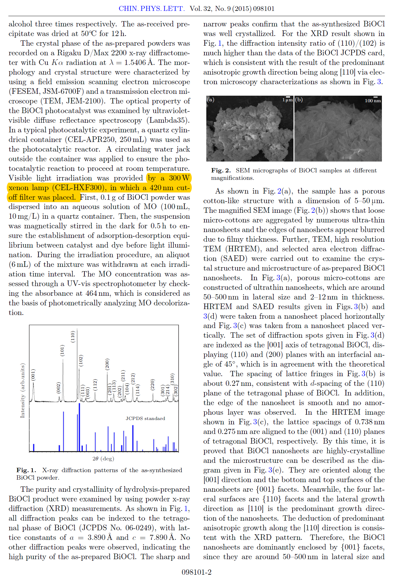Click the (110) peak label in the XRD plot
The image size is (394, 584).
[73, 337]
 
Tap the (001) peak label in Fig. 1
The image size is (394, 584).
[33, 375]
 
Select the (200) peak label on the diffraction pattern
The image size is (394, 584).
[107, 364]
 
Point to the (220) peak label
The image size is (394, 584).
[152, 385]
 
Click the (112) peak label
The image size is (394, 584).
[95, 385]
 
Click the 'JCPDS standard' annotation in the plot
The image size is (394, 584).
[145, 418]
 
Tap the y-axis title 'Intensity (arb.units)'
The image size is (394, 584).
[22, 390]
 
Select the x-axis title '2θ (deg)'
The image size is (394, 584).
[103, 459]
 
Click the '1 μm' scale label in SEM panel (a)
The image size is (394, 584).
[288, 100]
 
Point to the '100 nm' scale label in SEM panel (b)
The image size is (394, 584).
[373, 101]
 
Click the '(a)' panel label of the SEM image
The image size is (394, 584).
[211, 100]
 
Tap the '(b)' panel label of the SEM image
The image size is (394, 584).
[299, 100]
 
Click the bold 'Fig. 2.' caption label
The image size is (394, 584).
[221, 171]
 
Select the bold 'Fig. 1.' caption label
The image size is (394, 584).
[26, 470]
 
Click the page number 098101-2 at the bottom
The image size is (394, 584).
[197, 572]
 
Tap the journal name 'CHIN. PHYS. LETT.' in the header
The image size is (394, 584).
[152, 9]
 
